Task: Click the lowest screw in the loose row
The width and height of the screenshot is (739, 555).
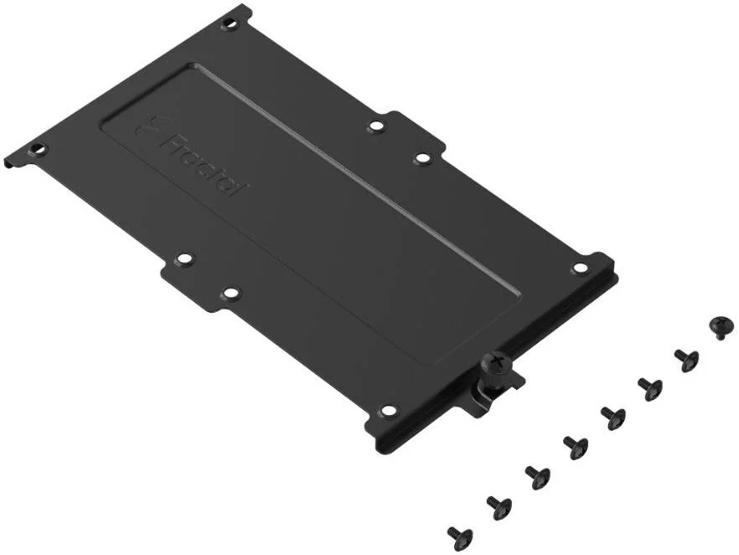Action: tap(459, 536)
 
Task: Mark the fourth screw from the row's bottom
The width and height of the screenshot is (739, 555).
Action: tap(575, 446)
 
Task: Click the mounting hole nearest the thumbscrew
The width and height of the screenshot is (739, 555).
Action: tap(388, 410)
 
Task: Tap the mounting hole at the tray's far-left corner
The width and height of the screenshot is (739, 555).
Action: tap(39, 150)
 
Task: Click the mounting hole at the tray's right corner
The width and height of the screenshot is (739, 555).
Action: tap(579, 267)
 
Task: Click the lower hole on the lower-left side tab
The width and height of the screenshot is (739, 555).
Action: tap(231, 293)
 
